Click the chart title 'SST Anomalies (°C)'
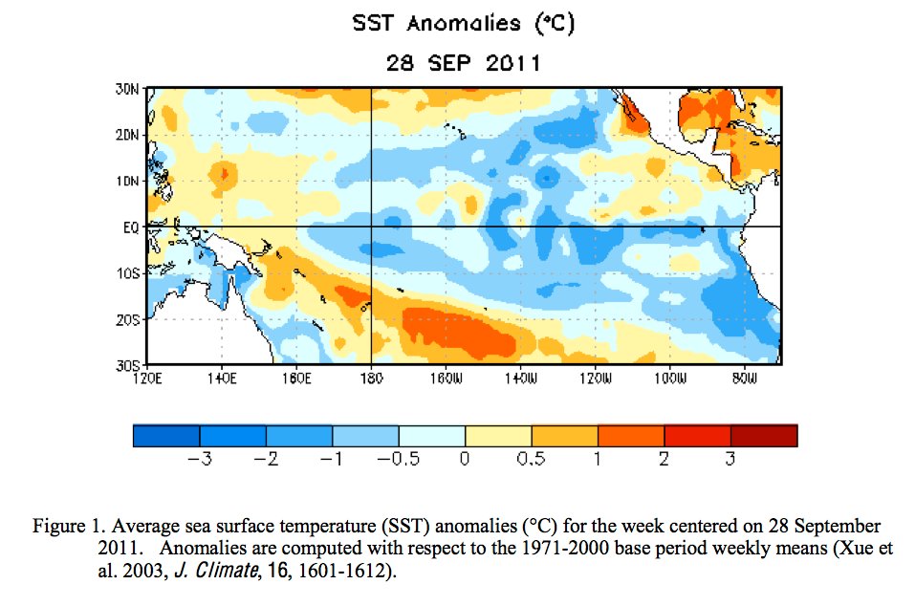[464, 25]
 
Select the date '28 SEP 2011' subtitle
[464, 64]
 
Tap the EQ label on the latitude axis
[131, 227]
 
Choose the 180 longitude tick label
[371, 379]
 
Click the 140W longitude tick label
[520, 379]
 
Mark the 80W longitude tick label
[744, 379]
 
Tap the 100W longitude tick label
[669, 379]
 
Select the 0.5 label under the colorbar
[531, 460]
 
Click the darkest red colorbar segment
[764, 436]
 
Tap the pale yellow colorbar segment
[498, 436]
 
